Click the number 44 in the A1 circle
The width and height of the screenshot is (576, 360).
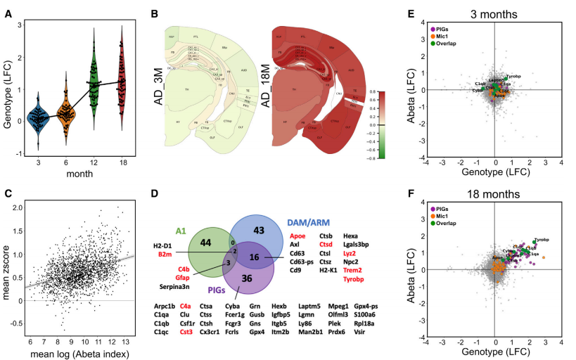(188, 243)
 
